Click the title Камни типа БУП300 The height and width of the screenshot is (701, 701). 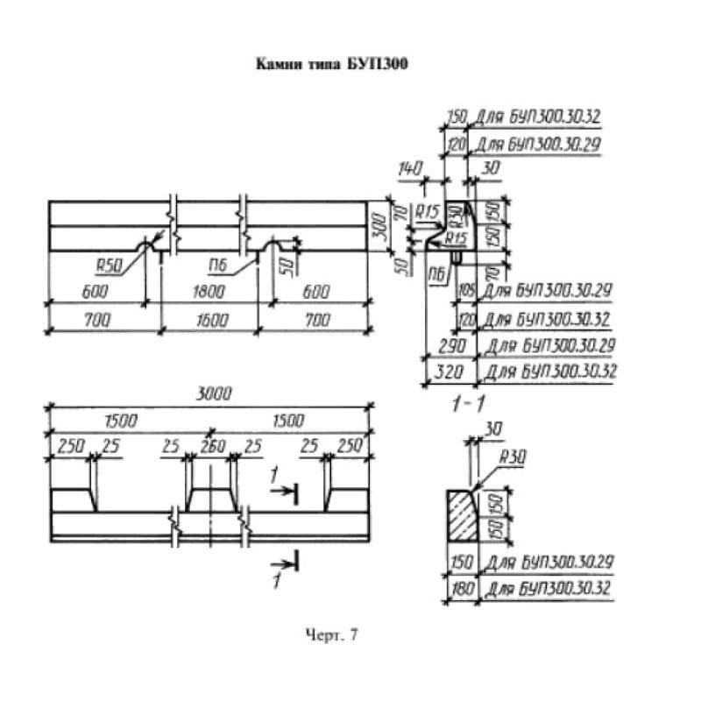[332, 64]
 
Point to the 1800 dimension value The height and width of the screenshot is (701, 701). [208, 293]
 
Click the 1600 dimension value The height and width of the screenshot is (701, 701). [208, 321]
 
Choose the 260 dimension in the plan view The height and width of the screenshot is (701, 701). [209, 446]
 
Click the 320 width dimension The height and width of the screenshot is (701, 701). [449, 372]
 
